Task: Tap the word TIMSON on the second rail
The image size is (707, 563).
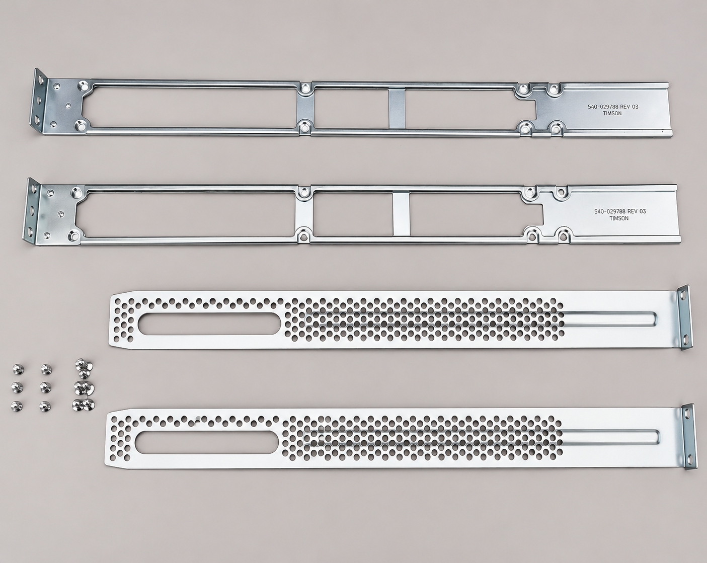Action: point(619,218)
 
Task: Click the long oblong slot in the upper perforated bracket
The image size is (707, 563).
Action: point(209,324)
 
